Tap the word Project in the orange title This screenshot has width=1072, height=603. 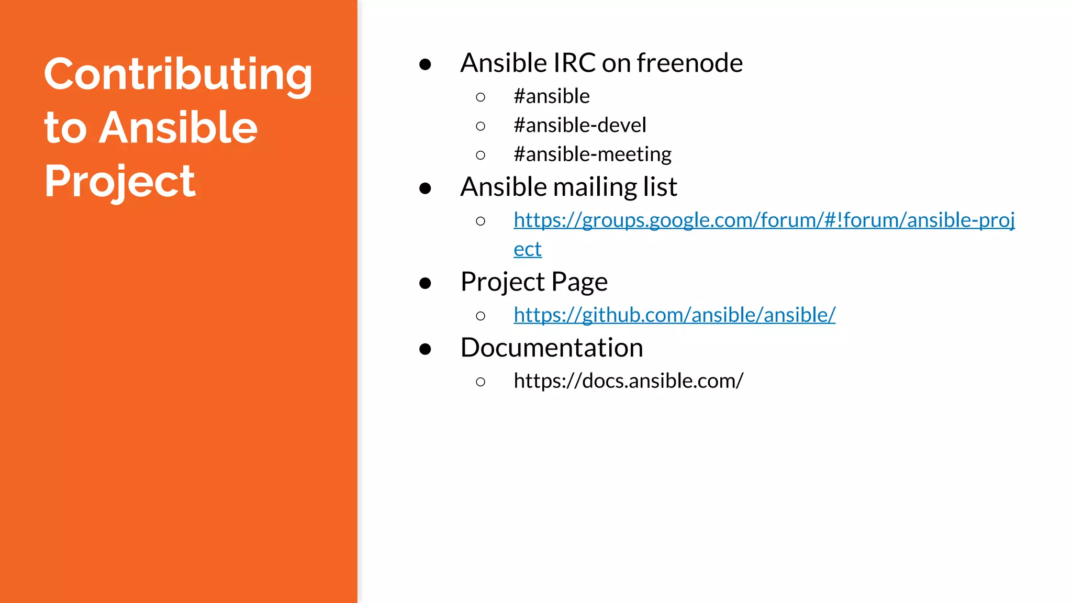pos(120,181)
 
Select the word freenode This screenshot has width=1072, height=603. pos(689,63)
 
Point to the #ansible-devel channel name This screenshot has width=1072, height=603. pos(580,125)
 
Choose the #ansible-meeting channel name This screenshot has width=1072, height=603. pos(593,154)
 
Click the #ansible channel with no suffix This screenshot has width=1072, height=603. pos(552,96)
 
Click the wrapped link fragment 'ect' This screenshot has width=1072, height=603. pos(528,249)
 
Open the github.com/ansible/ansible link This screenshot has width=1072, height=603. pos(674,315)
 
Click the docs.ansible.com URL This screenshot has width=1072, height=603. pos(628,381)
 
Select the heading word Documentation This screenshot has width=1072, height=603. pos(552,348)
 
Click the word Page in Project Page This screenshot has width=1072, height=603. pos(579,282)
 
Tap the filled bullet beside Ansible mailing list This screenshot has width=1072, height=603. pos(425,188)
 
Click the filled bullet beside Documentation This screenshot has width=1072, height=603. pos(425,349)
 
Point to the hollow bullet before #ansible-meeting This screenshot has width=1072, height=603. pos(481,155)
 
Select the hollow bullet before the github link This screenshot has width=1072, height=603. pos(481,316)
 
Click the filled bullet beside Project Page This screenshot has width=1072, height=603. pos(425,284)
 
